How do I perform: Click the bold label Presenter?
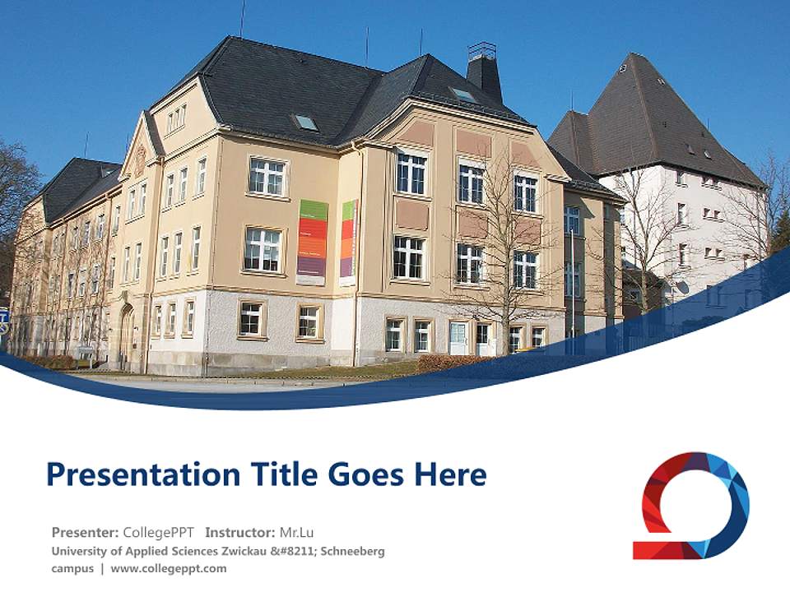pos(86,532)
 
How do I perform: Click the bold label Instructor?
pos(240,532)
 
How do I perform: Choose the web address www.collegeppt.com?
pos(169,568)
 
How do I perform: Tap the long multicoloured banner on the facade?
pos(312,242)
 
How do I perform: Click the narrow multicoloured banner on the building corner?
pos(348,242)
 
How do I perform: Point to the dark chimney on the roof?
pos(484,72)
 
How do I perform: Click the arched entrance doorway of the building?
pos(127,335)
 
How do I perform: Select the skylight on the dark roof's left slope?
pos(306,123)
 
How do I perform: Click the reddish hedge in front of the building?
pos(448,363)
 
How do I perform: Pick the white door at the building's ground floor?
pos(458,338)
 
